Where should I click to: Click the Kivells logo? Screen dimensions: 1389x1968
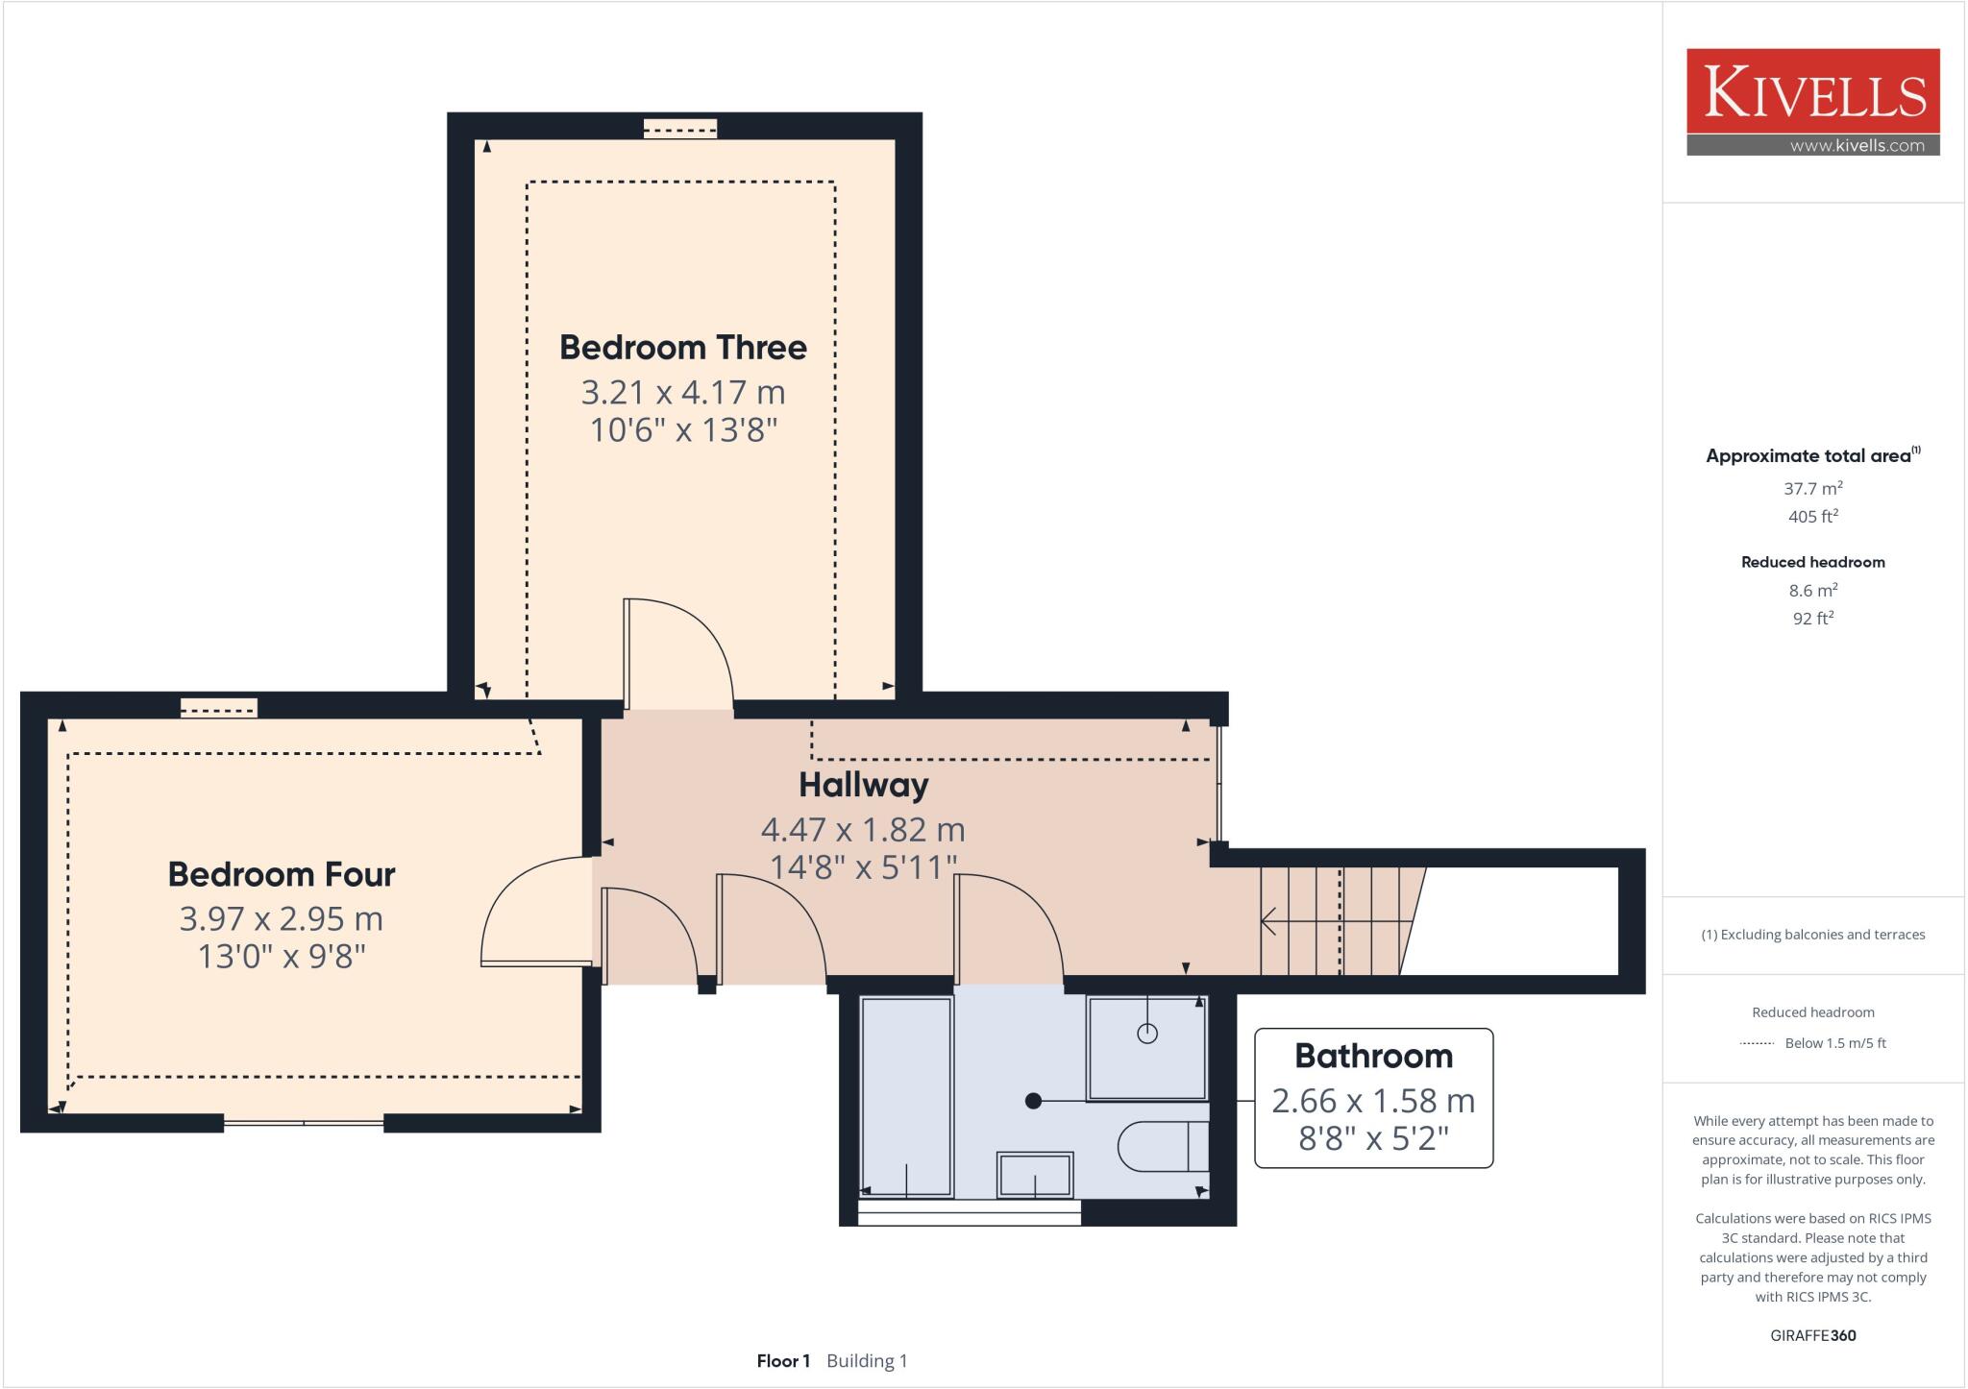coord(1812,101)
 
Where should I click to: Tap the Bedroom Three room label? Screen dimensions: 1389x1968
coord(682,347)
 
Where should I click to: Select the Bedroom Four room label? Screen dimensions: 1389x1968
coord(281,874)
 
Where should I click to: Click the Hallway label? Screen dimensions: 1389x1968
coord(863,785)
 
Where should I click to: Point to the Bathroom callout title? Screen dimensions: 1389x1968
coord(1373,1056)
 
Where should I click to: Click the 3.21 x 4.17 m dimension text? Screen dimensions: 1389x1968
coord(682,392)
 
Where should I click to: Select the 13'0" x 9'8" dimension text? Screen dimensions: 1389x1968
coord(281,957)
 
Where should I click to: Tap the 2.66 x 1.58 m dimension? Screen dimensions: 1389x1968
coord(1373,1100)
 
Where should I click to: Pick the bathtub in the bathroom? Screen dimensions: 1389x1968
coord(906,1096)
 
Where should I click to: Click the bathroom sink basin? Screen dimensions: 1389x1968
coord(1034,1175)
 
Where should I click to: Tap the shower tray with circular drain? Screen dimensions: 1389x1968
coord(1145,1048)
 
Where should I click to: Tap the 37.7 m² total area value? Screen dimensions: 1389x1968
coord(1812,488)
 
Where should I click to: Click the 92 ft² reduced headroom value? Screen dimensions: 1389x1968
coord(1812,619)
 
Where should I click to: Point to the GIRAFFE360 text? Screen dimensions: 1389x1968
coord(1812,1335)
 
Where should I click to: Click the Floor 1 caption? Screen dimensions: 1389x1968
coord(783,1361)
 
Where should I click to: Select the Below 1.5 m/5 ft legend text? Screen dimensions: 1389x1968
coord(1834,1043)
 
